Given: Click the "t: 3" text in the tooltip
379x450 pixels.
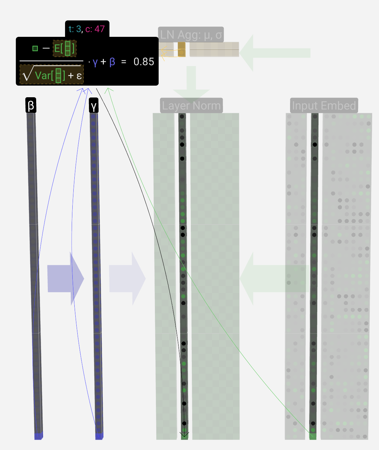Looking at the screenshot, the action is (x=75, y=29).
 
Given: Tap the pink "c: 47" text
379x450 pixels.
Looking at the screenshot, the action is (x=95, y=29).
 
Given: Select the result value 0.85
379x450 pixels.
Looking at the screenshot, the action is (x=144, y=62).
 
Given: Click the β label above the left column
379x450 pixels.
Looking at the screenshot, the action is (x=31, y=106).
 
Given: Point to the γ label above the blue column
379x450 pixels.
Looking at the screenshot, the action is (x=94, y=106).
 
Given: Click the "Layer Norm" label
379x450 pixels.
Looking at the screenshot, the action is (x=191, y=106).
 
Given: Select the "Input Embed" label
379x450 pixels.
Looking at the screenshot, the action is (x=324, y=106).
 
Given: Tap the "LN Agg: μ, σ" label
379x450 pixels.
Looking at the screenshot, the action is (x=191, y=35).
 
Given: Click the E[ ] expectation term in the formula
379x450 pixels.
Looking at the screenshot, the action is (x=65, y=48).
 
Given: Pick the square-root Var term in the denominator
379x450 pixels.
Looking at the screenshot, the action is (x=51, y=74).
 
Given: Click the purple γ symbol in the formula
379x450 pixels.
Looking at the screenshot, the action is (x=95, y=62).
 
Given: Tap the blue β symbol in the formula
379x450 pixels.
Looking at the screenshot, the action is (x=112, y=62).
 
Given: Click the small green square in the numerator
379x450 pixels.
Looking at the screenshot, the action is (x=35, y=48).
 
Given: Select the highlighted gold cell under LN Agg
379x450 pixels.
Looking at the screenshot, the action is (x=182, y=49).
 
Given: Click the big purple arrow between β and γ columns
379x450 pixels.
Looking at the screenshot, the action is (x=65, y=279).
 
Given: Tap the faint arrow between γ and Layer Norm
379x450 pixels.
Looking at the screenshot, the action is (x=127, y=279).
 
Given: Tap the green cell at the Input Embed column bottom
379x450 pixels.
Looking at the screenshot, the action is (x=313, y=436).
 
